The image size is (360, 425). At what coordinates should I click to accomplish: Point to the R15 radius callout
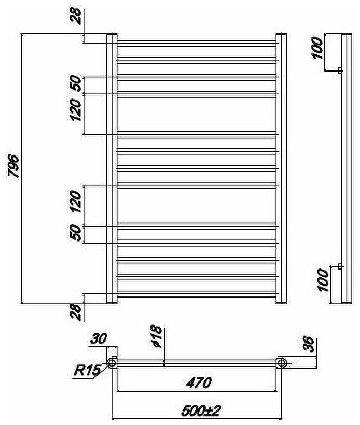[x=86, y=370]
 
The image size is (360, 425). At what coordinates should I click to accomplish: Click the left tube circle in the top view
[x=112, y=362]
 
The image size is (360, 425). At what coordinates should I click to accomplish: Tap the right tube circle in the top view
[x=282, y=362]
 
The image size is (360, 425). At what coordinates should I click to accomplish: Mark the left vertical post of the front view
[x=111, y=168]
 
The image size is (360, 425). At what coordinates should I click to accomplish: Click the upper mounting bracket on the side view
[x=339, y=70]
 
